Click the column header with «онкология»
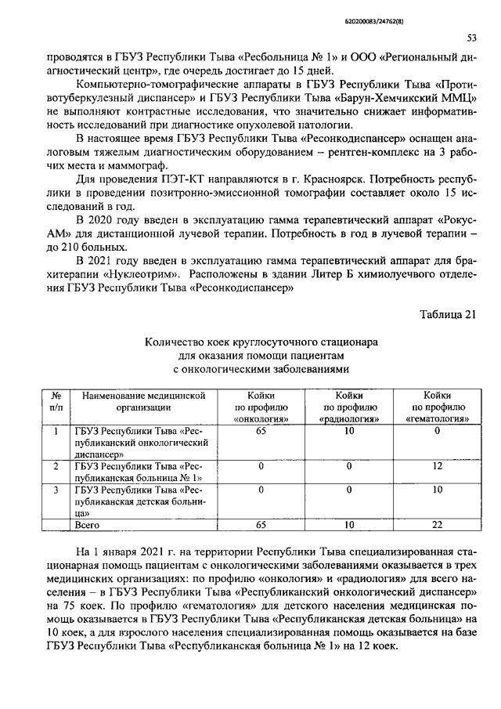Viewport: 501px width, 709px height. click(261, 408)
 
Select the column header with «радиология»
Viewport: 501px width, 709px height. click(349, 408)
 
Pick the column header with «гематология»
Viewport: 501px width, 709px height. click(438, 408)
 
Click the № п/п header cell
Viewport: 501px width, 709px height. click(56, 402)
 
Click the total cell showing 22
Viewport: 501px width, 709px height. click(438, 525)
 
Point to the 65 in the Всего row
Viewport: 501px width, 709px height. click(261, 525)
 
